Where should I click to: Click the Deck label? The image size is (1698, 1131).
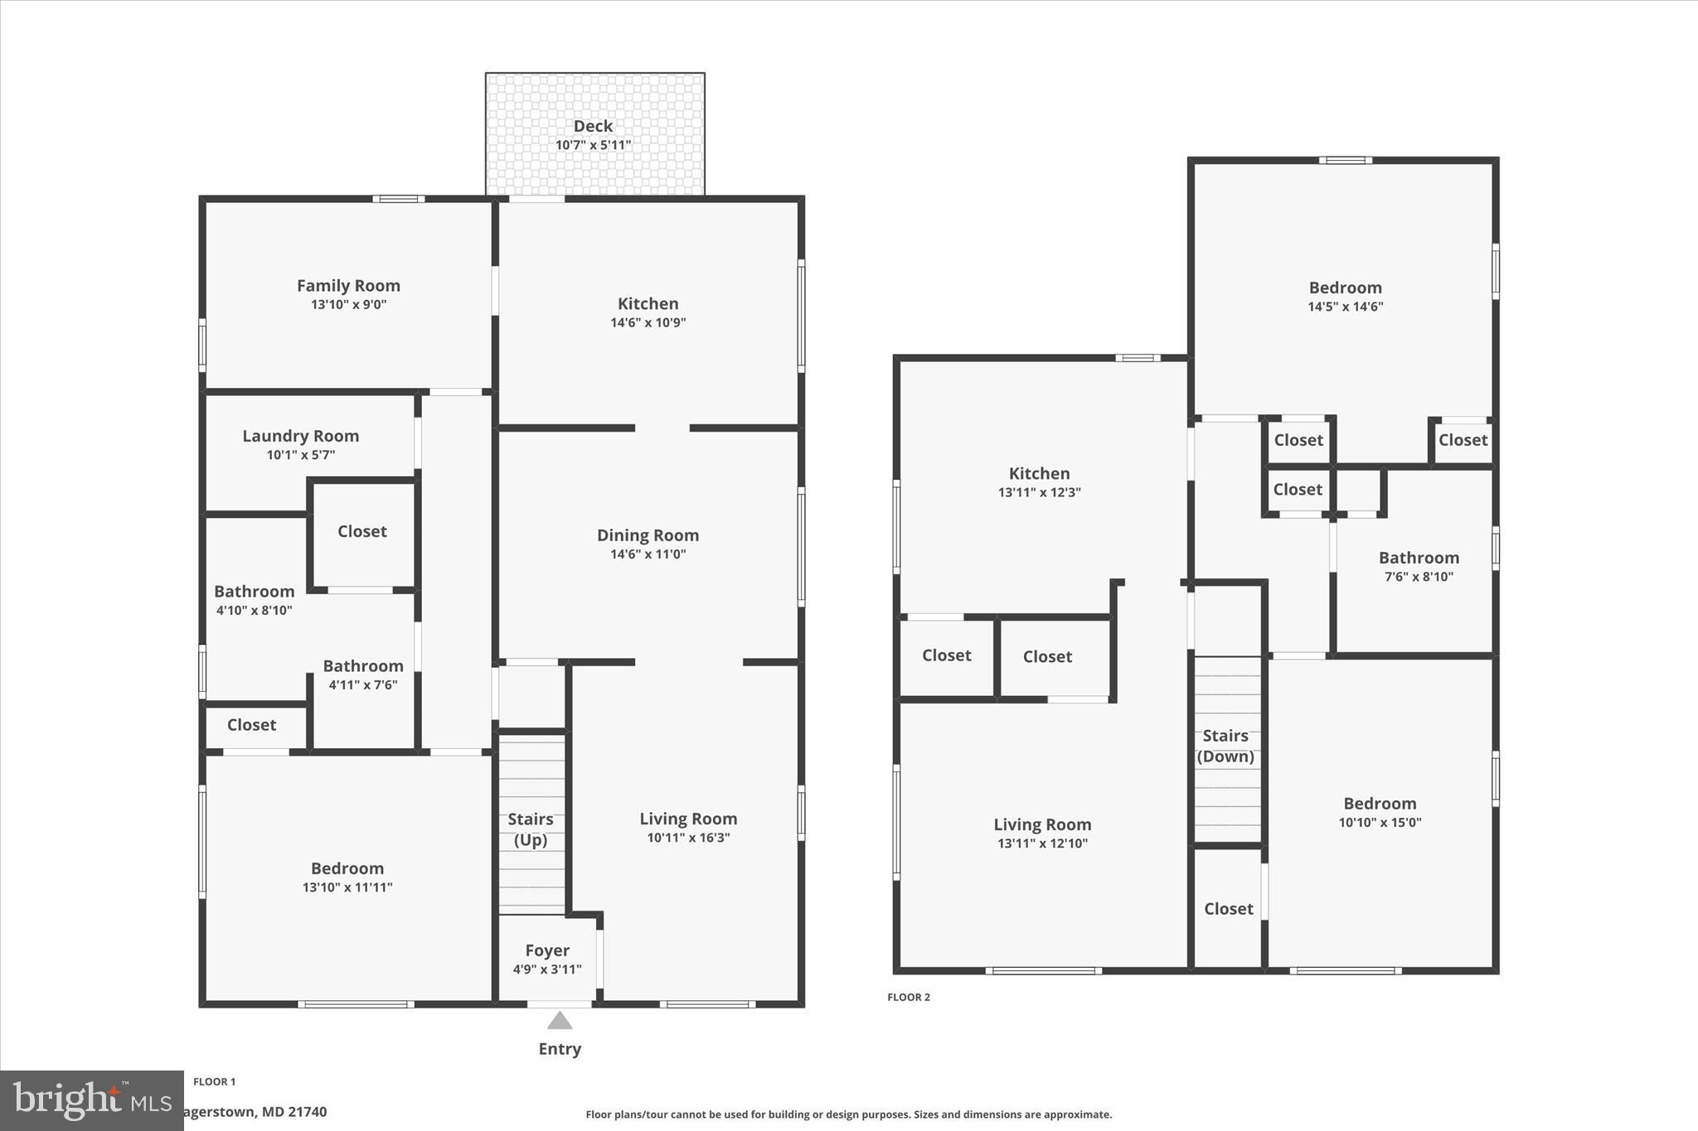(593, 126)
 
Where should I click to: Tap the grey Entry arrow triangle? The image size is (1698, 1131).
(560, 1020)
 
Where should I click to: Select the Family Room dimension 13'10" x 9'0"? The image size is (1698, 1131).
(348, 304)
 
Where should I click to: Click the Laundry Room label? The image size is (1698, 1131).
(300, 436)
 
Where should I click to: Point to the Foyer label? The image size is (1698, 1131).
(547, 950)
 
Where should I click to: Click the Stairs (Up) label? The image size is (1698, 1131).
(531, 829)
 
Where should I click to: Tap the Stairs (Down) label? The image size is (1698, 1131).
(1225, 746)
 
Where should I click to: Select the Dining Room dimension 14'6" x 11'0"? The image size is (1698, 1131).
(648, 554)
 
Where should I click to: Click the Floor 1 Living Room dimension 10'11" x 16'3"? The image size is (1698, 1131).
(688, 838)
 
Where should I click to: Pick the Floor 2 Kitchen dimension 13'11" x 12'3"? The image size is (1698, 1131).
(1039, 492)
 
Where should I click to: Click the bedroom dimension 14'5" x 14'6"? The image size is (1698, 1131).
(1345, 307)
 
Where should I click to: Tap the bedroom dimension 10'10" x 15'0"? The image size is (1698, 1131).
(1380, 823)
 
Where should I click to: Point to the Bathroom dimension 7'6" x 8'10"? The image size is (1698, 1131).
(1419, 577)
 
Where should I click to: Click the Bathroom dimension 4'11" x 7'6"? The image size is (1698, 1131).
(363, 684)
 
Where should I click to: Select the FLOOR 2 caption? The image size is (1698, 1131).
(909, 997)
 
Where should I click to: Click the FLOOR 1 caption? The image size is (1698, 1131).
(214, 1081)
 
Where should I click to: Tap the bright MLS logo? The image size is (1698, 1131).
(91, 1100)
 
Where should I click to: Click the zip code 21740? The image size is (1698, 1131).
(306, 1112)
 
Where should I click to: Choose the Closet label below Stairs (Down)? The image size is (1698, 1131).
(1228, 909)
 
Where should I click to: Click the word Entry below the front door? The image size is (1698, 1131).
(560, 1049)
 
